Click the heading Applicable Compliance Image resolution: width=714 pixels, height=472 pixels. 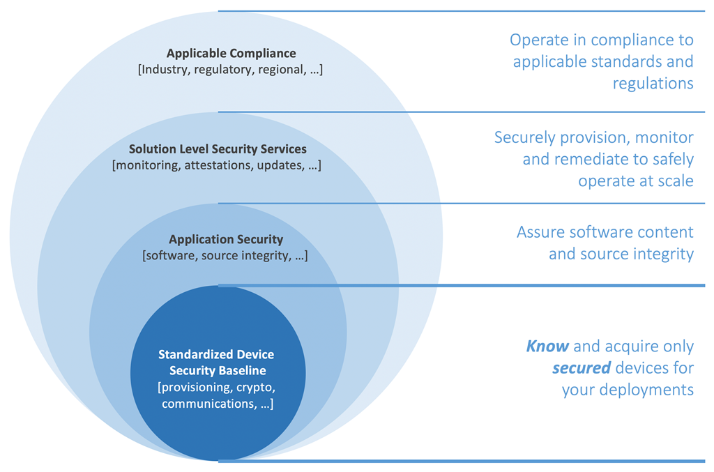231,53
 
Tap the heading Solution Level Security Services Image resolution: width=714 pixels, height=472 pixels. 218,149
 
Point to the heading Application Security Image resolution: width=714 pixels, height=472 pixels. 226,239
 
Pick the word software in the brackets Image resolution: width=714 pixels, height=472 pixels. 167,255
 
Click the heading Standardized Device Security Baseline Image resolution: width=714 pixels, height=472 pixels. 217,363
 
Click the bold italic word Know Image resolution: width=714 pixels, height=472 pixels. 547,346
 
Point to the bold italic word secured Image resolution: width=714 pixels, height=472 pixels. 577,367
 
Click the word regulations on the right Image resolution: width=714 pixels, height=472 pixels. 653,83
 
